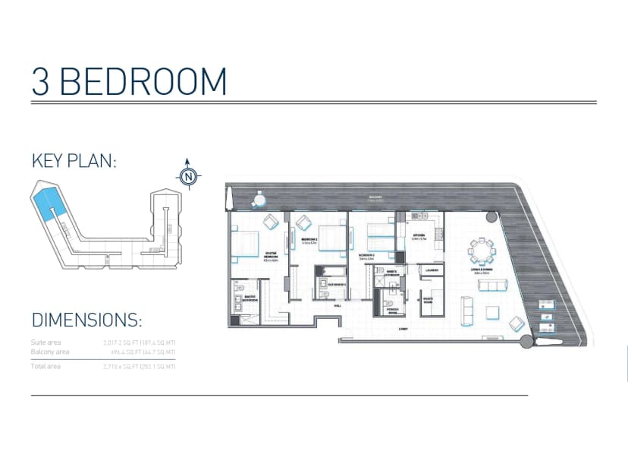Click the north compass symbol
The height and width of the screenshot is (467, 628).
pyautogui.click(x=189, y=176)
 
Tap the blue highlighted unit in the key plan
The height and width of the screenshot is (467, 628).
pyautogui.click(x=46, y=204)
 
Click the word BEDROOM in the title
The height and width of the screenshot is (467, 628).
pyautogui.click(x=141, y=81)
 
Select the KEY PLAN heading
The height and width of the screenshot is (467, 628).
pyautogui.click(x=74, y=161)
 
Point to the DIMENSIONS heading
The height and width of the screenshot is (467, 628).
pyautogui.click(x=86, y=320)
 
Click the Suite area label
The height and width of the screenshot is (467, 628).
pyautogui.click(x=47, y=342)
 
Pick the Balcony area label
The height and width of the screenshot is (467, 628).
pyautogui.click(x=50, y=352)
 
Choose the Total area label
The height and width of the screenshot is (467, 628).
pyautogui.click(x=46, y=367)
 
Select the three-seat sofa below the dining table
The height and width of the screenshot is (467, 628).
pyautogui.click(x=493, y=285)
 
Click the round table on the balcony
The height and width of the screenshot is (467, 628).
pyautogui.click(x=260, y=200)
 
